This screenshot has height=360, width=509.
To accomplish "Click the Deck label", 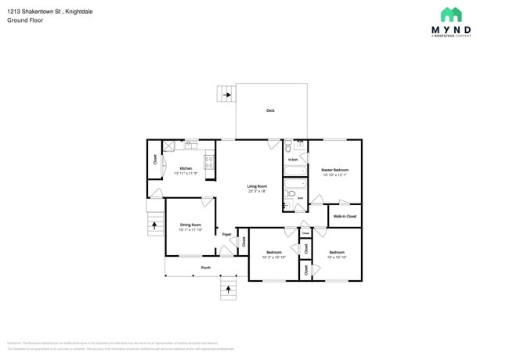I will (x=270, y=111).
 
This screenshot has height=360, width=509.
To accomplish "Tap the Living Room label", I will (x=258, y=185).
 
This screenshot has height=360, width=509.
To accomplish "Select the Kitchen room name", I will (x=186, y=168).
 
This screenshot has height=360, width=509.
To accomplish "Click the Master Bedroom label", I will (x=334, y=170).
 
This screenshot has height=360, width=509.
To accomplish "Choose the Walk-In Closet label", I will (x=345, y=216).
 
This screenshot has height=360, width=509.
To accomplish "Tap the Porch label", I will (x=205, y=268).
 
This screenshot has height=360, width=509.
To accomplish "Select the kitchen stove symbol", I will (x=209, y=162).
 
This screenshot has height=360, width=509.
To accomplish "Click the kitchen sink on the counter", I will (x=190, y=145).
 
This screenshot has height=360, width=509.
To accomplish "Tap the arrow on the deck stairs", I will (x=227, y=95).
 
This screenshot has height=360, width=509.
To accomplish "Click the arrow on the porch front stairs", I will (x=229, y=291).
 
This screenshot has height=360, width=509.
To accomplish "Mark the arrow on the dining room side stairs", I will (x=154, y=226).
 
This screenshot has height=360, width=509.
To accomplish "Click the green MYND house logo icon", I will (x=451, y=15).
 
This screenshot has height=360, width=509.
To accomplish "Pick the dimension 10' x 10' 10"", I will (x=337, y=257).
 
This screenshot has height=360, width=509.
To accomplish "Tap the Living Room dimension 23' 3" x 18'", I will (x=258, y=191).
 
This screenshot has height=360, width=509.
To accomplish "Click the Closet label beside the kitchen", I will (x=155, y=160).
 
